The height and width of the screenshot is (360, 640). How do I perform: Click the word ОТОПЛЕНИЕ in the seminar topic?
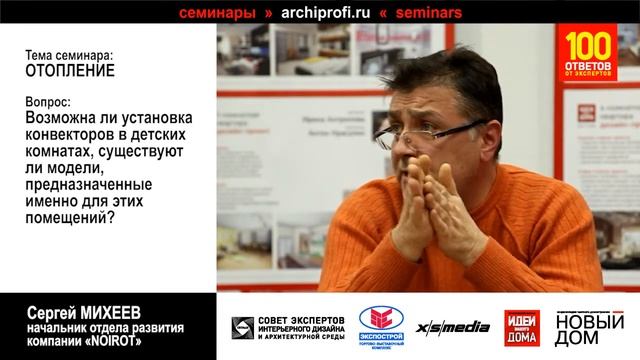click(x=70, y=72)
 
